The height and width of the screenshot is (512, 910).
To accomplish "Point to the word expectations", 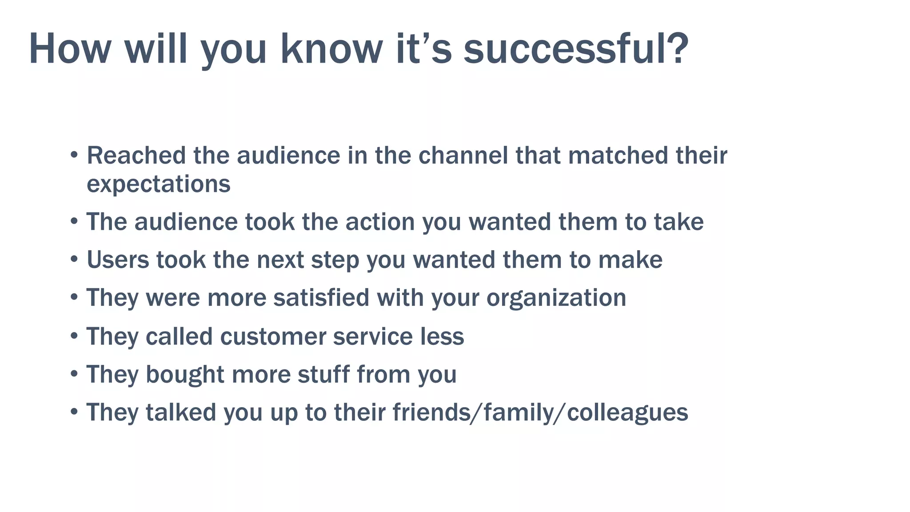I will coord(158,184).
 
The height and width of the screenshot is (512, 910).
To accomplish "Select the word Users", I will coord(118,260).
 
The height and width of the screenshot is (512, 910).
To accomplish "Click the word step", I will coord(335,260).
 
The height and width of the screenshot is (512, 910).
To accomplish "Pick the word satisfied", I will coord(321,298).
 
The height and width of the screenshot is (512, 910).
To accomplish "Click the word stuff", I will coord(323,374).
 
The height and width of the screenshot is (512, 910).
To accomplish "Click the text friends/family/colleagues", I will coord(540,413).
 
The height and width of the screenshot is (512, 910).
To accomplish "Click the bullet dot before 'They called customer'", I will coord(74,336).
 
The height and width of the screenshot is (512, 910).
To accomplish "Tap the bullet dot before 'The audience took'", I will coord(74,221).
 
